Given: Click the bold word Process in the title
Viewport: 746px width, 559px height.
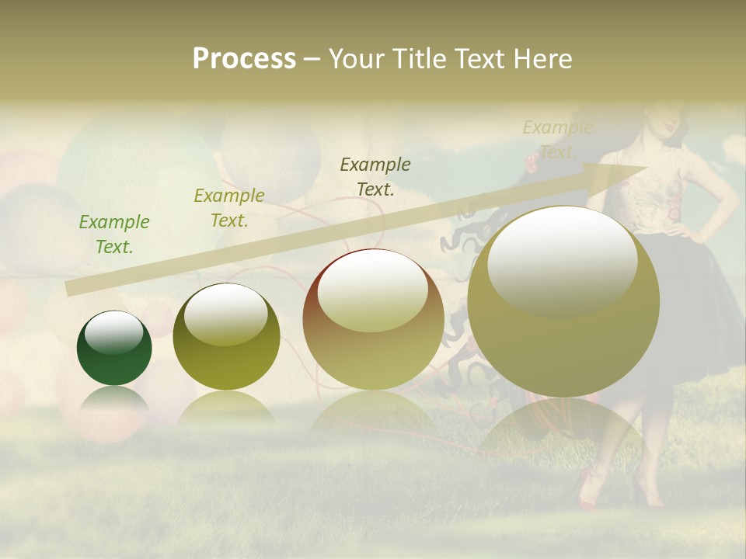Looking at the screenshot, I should click(x=244, y=59).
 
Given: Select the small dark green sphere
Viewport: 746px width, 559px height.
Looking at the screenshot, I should click(x=114, y=348).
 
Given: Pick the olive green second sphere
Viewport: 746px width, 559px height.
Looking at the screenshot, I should click(x=226, y=337).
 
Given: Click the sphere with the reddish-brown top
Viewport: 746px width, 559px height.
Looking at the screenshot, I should click(x=373, y=318).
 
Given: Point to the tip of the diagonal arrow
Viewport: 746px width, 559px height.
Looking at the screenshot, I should click(x=645, y=167).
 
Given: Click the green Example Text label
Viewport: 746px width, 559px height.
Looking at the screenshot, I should click(x=114, y=234).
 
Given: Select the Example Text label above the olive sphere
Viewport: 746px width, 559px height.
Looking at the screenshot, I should click(x=229, y=208).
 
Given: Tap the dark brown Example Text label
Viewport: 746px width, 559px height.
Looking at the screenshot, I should click(x=375, y=176).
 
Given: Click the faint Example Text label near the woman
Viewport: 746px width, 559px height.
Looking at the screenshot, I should click(x=557, y=139).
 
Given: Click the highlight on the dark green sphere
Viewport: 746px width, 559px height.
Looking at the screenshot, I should click(x=114, y=332).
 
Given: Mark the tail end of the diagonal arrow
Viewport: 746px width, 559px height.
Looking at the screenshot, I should click(x=70, y=289).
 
